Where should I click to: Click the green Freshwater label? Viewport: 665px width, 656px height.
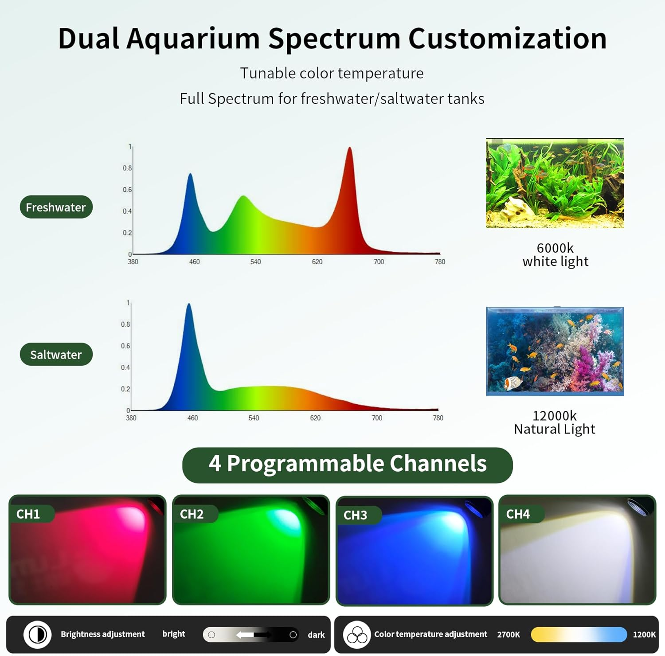tap(56, 207)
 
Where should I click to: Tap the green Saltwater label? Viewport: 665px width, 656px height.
tap(56, 355)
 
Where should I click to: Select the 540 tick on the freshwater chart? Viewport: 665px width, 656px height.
tap(255, 262)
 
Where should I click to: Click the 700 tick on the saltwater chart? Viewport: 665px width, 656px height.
tap(377, 418)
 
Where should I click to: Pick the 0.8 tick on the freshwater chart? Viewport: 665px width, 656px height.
tap(127, 168)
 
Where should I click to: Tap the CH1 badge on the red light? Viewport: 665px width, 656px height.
tap(28, 514)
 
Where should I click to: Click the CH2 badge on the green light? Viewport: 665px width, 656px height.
tap(192, 514)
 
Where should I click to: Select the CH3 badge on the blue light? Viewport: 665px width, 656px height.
tap(355, 515)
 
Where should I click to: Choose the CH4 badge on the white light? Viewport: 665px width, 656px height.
tap(518, 514)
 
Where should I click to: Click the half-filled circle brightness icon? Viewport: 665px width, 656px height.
tap(38, 634)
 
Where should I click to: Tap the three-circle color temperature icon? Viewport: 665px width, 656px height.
tap(357, 635)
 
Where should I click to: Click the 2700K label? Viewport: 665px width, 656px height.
tap(509, 634)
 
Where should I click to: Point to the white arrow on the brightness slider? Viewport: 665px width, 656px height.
tap(245, 635)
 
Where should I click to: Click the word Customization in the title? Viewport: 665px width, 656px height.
tap(507, 39)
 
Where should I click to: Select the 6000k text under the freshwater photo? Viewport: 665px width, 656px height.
tap(555, 248)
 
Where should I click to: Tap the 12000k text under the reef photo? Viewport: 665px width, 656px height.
tap(555, 416)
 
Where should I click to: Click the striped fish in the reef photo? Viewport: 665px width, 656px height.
tap(514, 382)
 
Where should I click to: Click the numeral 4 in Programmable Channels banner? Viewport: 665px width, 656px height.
tap(215, 464)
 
